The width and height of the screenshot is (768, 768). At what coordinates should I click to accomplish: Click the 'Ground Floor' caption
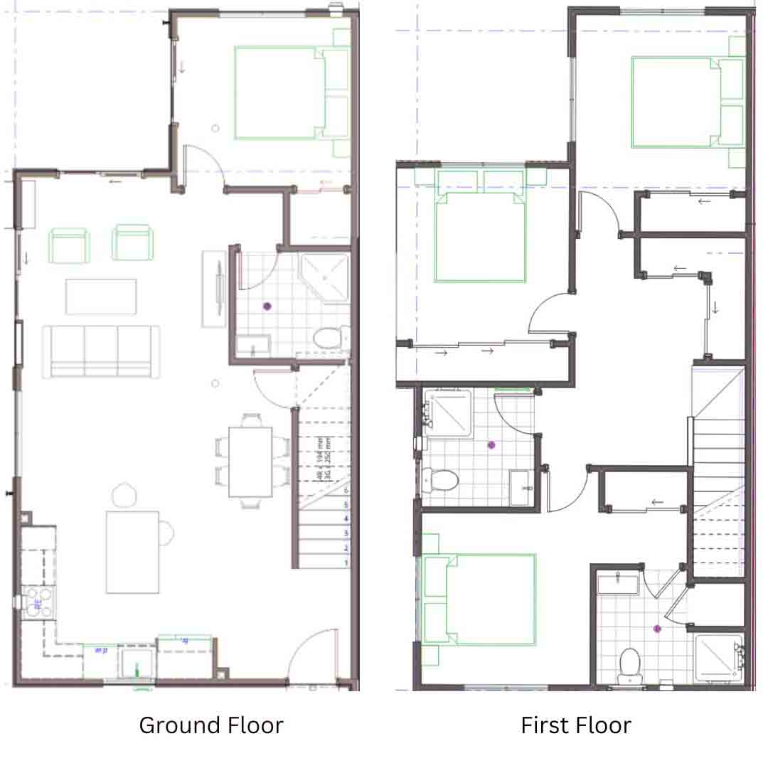point(211,725)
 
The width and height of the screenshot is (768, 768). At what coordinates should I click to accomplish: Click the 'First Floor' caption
point(576,725)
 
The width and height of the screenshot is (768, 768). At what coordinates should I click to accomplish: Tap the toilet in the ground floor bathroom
point(327,338)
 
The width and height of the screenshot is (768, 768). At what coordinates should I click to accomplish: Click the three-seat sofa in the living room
point(101,350)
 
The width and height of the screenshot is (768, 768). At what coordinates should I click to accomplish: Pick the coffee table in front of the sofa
point(101,297)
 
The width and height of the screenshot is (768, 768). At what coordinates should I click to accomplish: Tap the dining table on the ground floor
point(250,462)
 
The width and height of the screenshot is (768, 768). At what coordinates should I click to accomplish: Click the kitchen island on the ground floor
point(133,552)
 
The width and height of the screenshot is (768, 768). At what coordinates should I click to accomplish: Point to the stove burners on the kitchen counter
point(38,602)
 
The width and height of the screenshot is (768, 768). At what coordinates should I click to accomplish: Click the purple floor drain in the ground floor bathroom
point(267,306)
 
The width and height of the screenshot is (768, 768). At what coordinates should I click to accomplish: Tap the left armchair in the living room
point(69,243)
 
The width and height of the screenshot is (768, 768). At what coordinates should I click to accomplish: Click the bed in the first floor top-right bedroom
point(675,102)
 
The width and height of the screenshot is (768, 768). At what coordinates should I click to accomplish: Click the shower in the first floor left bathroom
point(448,413)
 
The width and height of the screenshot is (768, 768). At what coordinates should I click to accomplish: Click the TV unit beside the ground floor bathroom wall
point(214,289)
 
